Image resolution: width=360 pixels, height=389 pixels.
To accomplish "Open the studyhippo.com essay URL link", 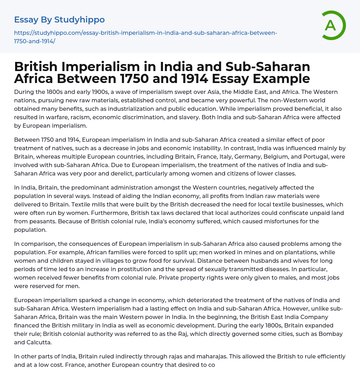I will (146, 37).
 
